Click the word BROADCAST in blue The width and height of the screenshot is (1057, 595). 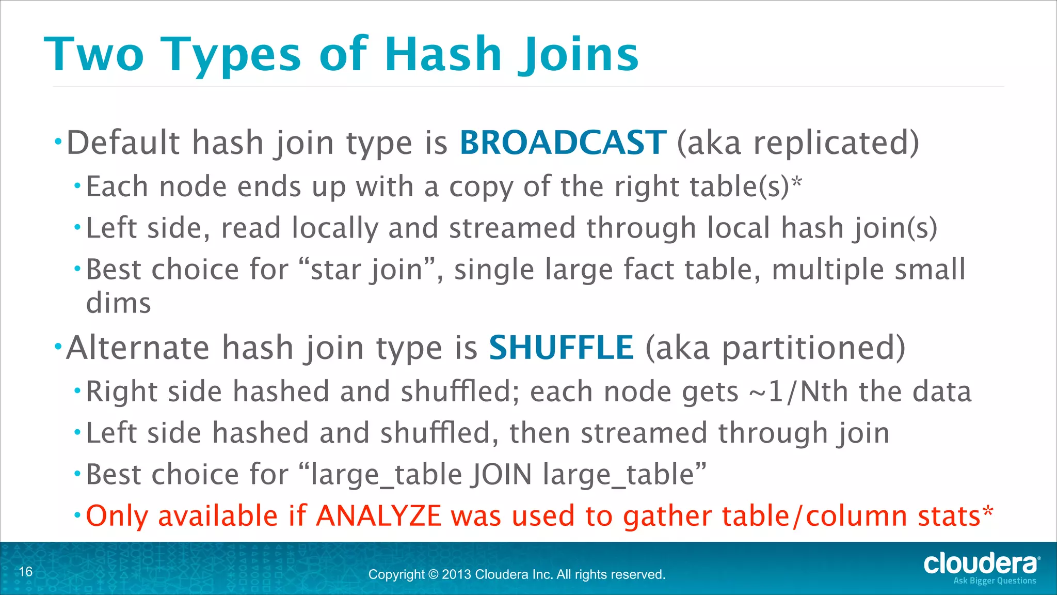563,143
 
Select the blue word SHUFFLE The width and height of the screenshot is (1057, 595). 561,347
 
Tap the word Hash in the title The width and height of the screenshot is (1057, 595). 443,54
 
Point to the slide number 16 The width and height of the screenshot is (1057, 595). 26,571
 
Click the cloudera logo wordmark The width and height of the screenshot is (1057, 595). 980,563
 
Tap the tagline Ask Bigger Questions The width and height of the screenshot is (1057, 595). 995,581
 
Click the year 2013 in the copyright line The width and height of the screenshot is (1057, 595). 456,574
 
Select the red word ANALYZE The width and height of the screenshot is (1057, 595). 379,515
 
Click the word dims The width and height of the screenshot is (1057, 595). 118,303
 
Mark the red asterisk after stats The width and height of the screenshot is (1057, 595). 987,511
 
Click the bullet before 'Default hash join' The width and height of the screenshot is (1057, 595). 58,140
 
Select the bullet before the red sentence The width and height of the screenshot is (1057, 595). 77,514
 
